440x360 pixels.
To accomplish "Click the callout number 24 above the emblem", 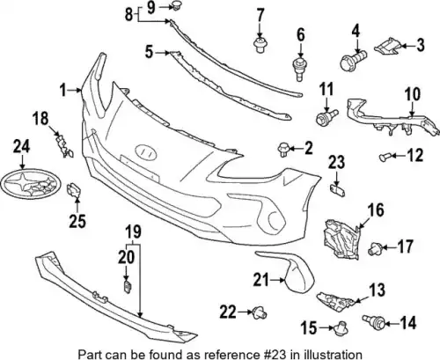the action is (21, 147).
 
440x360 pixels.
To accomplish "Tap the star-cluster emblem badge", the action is (30, 185).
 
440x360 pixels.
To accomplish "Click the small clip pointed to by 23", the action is (338, 190).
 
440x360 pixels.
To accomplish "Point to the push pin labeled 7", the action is (260, 45).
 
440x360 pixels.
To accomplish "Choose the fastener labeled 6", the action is (299, 70).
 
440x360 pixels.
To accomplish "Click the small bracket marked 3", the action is (387, 47).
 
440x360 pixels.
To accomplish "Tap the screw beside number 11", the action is (326, 116).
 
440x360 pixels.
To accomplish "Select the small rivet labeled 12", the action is (384, 157).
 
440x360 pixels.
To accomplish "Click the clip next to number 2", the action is (283, 149).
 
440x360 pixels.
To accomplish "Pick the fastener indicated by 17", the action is (375, 249).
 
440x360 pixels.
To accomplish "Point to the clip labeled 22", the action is (260, 312).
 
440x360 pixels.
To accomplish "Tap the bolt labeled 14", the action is (373, 321).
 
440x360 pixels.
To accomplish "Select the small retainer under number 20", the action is (127, 287).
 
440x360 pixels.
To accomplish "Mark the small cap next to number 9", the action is (176, 5).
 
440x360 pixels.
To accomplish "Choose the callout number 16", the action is (377, 210).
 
